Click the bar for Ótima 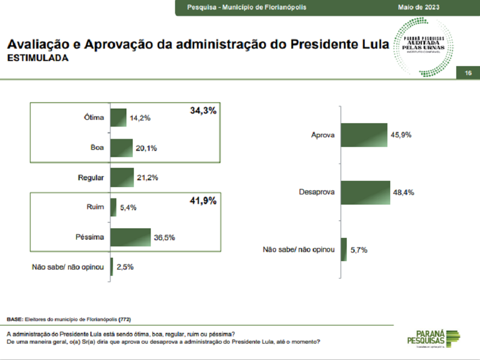[x=119, y=118]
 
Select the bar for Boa [x=121, y=148]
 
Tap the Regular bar [x=122, y=177]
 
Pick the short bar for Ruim [x=114, y=207]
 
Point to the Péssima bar [x=130, y=237]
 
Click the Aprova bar [x=364, y=135]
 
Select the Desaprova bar [x=365, y=192]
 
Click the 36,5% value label [x=164, y=238]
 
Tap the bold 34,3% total [x=203, y=111]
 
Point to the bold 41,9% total [x=203, y=201]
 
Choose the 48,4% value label [x=404, y=192]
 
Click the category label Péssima [x=90, y=237]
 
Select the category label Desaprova [x=317, y=192]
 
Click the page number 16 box [x=468, y=73]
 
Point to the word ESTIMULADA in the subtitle [x=37, y=58]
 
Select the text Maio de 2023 [x=419, y=7]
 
